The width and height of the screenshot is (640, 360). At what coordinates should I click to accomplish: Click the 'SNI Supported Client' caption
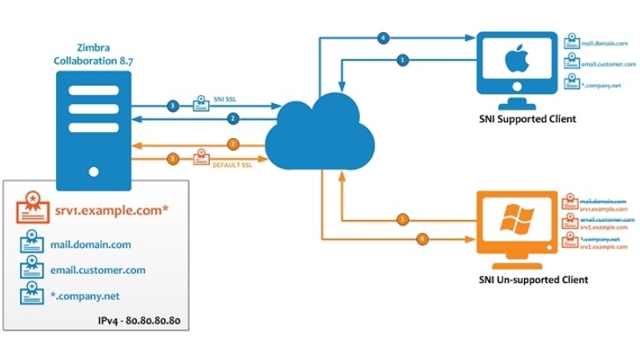[522, 119]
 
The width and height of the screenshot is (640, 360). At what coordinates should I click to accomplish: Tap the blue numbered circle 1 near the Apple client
[402, 59]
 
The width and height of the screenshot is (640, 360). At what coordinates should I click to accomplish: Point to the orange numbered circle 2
[234, 144]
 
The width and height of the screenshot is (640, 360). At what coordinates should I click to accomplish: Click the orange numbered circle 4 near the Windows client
[421, 238]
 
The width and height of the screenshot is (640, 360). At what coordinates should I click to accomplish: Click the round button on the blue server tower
[95, 170]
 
